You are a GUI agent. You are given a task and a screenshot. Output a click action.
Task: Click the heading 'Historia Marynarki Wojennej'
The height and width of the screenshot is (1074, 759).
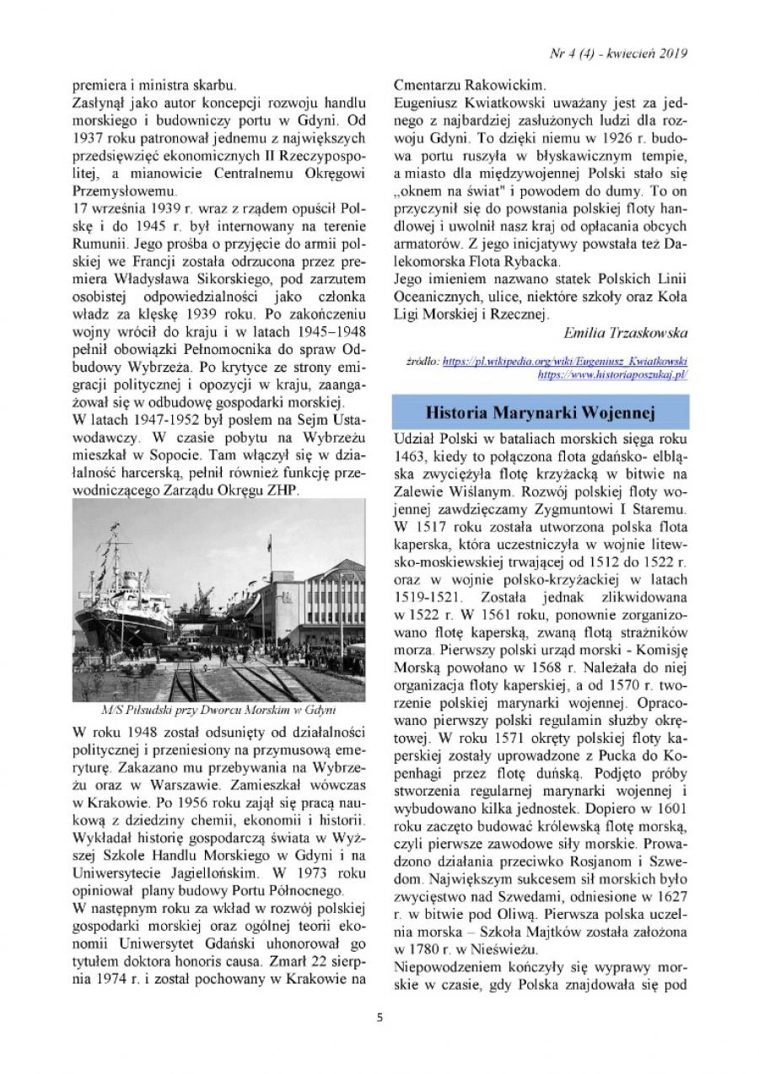(x=541, y=412)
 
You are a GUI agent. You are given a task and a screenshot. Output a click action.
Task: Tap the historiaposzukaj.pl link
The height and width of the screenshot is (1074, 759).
(x=612, y=373)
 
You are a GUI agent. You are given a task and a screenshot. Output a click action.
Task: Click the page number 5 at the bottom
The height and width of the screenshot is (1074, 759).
(x=379, y=1016)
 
